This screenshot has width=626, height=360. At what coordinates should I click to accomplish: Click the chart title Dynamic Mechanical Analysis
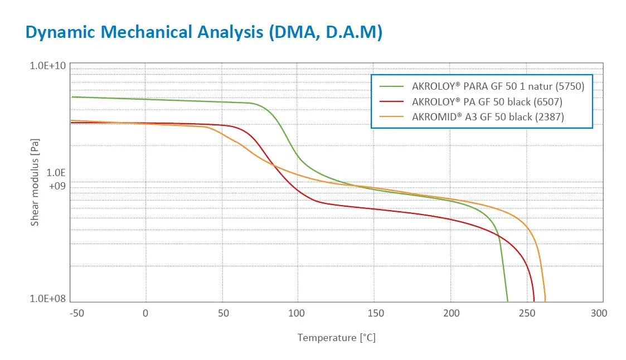coord(144,32)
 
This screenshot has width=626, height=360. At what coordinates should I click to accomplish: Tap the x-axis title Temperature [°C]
coord(337,338)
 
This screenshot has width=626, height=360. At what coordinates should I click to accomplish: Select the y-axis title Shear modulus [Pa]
coord(35,182)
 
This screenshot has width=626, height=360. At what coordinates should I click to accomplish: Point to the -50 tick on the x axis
coord(77,313)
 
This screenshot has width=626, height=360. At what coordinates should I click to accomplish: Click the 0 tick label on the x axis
coord(145,313)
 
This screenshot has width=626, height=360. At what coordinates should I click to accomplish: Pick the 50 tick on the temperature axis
coord(224,313)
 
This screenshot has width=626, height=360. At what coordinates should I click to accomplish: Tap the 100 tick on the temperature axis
coord(296,313)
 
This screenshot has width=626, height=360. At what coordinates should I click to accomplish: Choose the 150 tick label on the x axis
coord(376,313)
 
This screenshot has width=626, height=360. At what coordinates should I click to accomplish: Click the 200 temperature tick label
coord(451,313)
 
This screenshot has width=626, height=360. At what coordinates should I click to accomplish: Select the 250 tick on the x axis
coord(527,313)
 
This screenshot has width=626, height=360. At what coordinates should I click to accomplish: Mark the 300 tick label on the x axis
coord(599,313)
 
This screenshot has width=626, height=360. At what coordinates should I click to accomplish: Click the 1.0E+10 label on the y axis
coord(47,66)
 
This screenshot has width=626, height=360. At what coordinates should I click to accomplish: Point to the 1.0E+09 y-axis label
coord(56,179)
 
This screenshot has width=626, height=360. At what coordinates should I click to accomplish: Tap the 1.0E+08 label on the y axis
coord(47,299)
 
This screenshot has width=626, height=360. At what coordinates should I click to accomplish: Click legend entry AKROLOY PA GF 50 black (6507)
coord(487,102)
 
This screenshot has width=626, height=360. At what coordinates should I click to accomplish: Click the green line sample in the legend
coord(391,86)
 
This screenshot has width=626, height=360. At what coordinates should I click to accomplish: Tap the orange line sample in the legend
coord(391,117)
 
